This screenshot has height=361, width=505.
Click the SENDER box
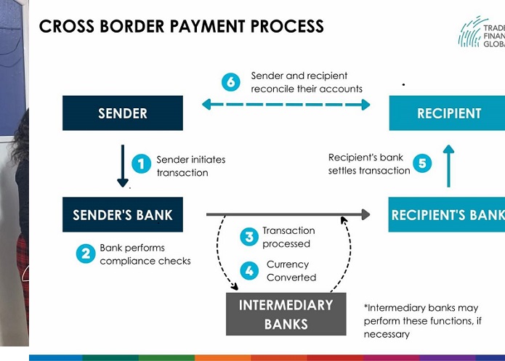122,113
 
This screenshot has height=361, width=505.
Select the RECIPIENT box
448,113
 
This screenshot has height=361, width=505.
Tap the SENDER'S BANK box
122,215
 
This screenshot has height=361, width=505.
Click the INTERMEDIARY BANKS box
286,314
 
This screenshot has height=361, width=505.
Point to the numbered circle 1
141,164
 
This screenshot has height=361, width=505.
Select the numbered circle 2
86,253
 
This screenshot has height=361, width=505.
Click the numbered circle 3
249,236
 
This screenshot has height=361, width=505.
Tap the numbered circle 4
249,271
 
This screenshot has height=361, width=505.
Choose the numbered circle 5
422,163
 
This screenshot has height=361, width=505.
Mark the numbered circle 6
230,82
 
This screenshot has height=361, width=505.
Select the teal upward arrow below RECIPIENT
448,166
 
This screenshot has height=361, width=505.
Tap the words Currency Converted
291,271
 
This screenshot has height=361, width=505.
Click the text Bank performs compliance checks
145,254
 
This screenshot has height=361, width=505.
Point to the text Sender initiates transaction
190,166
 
